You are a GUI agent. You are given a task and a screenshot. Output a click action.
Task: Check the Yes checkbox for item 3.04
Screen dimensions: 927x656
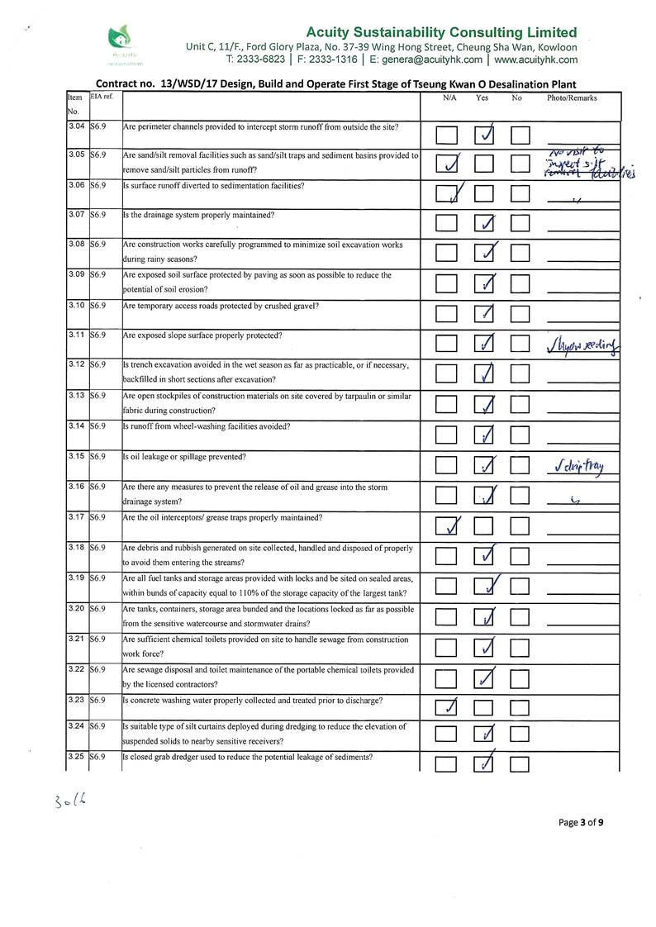(x=485, y=135)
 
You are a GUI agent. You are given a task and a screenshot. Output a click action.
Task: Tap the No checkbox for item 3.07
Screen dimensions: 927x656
(x=520, y=223)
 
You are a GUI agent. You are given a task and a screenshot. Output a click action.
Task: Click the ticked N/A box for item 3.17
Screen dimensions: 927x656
(x=446, y=525)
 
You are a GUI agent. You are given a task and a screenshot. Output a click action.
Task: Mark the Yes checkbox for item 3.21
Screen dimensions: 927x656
(x=485, y=647)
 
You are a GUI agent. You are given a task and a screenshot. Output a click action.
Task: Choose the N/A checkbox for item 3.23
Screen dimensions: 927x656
(x=446, y=707)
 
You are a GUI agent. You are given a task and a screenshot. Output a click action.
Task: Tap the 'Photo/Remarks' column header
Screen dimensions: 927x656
(x=572, y=98)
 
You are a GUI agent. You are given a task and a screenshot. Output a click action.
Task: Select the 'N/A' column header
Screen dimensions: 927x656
(x=449, y=98)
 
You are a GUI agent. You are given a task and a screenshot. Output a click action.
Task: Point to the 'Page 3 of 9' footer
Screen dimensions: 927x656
(x=581, y=822)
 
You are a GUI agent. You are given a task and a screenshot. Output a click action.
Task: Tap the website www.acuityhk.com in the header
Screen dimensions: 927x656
(x=535, y=59)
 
